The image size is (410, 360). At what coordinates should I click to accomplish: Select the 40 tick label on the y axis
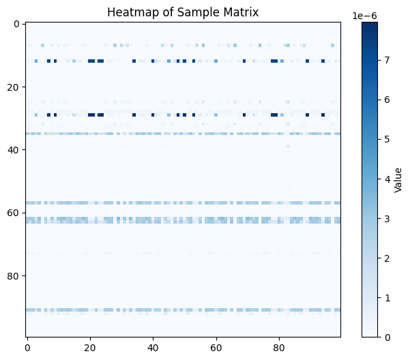point(15,149)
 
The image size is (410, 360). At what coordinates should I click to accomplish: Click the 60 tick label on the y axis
point(15,212)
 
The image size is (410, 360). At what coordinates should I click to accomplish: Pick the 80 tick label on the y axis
point(15,275)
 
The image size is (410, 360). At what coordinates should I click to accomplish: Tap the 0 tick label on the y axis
point(18,24)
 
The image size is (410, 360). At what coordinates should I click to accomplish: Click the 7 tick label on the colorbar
point(385,60)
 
